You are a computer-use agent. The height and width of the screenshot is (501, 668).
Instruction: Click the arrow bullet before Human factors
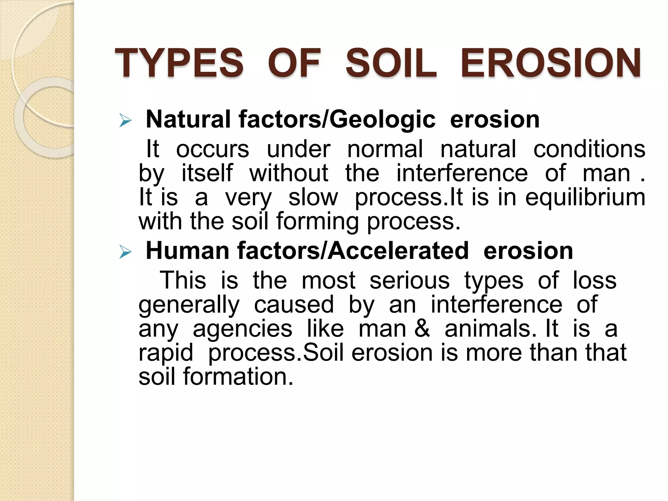tap(125, 252)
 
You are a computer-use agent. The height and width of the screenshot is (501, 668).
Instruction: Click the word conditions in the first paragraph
tap(589, 149)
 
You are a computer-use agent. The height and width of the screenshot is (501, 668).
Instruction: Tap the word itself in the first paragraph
tap(207, 173)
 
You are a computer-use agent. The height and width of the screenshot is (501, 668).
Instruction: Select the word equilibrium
tap(585, 197)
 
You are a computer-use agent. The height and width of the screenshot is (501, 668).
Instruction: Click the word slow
tap(313, 197)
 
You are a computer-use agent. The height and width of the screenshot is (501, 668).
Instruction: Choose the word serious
tap(409, 281)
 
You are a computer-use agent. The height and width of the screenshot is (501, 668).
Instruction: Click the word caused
tap(294, 305)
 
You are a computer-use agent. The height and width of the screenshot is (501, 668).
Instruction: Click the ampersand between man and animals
tap(422, 329)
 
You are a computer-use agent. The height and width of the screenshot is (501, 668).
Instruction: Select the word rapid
tap(166, 353)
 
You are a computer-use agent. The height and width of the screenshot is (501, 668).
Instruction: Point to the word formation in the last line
tap(238, 377)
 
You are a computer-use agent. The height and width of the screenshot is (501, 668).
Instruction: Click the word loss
tap(595, 281)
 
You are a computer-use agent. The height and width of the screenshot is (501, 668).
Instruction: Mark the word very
tap(248, 198)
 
